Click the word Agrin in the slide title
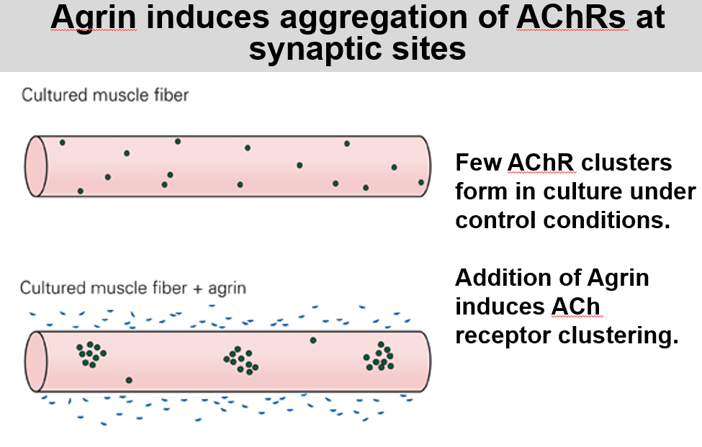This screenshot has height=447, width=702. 93,18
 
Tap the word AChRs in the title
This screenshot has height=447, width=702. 571,17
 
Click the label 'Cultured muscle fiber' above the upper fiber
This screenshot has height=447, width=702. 105,95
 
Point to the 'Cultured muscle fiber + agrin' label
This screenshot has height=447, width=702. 133,288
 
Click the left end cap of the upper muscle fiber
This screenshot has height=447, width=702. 36,166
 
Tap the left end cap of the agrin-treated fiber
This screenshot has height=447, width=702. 36,361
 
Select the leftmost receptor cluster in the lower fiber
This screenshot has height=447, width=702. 91,355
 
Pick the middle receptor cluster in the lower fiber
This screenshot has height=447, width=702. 241,360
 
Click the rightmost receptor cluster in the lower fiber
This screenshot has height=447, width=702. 379,356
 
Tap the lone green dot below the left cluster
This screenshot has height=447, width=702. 129,380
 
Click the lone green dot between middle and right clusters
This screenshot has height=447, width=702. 313,340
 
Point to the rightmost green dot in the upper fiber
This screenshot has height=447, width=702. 421,183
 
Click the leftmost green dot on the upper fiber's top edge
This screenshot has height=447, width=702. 62,143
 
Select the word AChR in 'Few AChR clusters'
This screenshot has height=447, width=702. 541,163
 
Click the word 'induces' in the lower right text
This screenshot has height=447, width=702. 499,307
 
